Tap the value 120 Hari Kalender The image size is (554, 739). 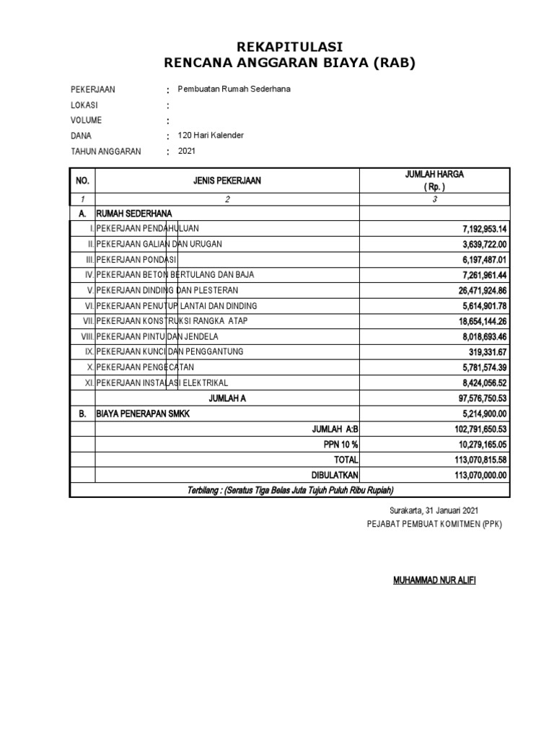(x=211, y=136)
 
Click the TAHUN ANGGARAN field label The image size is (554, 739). (x=105, y=152)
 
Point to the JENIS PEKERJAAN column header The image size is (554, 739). (x=227, y=181)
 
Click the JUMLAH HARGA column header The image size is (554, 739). (x=434, y=175)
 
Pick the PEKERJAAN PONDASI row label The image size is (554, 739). (x=136, y=259)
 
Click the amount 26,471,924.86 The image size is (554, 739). (x=478, y=290)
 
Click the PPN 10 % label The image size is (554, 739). (x=340, y=445)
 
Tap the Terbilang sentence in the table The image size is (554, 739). (x=290, y=491)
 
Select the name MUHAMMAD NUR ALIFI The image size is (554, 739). (x=434, y=580)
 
